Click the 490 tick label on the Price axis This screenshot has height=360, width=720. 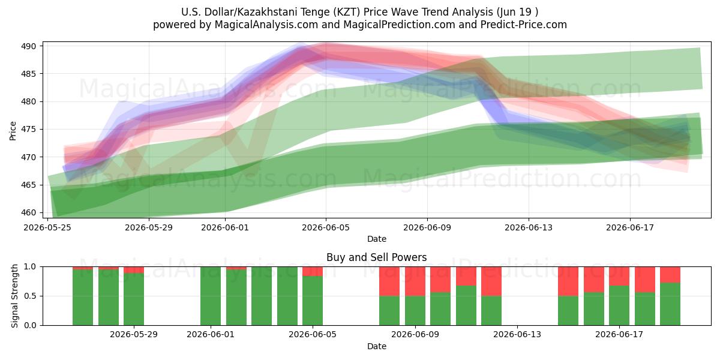[x=29, y=46]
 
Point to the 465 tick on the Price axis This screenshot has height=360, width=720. [x=29, y=185]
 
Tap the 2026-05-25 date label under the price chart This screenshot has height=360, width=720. [x=47, y=227]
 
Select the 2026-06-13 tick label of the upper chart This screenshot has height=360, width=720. [x=529, y=227]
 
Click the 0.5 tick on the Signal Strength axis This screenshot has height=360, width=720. [x=31, y=296]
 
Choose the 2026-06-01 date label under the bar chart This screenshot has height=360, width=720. [x=211, y=335]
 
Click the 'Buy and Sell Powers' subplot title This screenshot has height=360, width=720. [x=377, y=257]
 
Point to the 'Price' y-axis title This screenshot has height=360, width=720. [x=13, y=131]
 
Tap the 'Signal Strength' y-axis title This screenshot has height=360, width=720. [x=14, y=296]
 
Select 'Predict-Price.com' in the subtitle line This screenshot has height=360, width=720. [x=524, y=25]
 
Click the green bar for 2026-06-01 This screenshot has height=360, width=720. [x=211, y=296]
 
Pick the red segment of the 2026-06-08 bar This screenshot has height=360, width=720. [x=389, y=281]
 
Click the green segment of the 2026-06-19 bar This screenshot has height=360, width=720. [x=670, y=304]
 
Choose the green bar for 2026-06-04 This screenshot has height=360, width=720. [x=287, y=296]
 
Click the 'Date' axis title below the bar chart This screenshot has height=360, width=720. [x=377, y=346]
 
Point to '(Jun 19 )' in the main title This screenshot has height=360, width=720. [x=517, y=12]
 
